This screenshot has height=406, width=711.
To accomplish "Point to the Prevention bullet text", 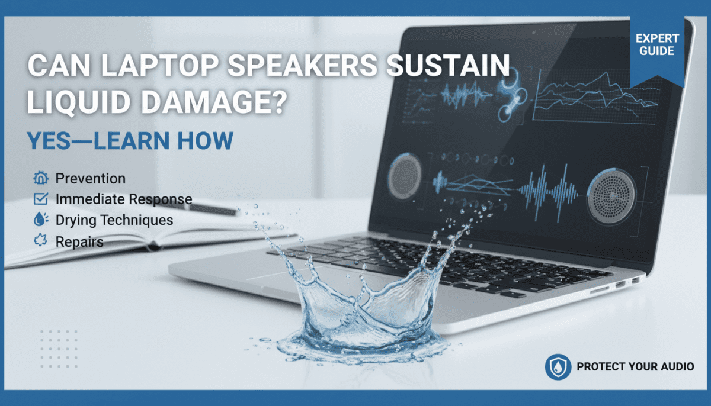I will click(x=90, y=178).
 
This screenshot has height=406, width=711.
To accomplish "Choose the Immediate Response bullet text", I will click(x=123, y=199).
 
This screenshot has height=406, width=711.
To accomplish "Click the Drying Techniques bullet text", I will click(x=114, y=220).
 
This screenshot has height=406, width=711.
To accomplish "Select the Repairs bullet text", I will click(x=79, y=241).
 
